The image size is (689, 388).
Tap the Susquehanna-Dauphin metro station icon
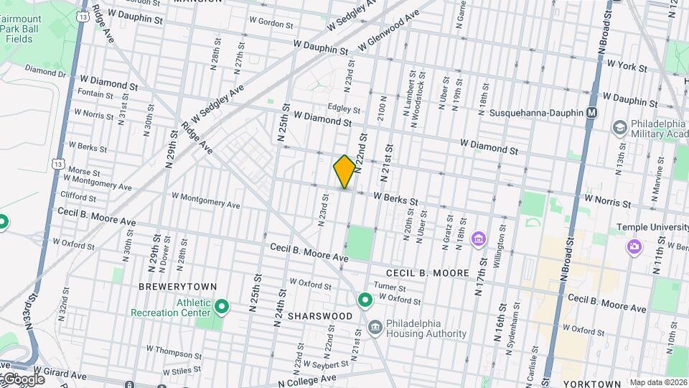[x=592, y=113]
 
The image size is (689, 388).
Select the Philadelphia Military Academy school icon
[x=619, y=127]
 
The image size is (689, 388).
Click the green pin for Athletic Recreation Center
[x=222, y=308]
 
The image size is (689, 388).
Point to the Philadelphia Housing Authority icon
[x=375, y=328]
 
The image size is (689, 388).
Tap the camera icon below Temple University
[x=634, y=247]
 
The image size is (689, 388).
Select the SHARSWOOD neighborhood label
[x=320, y=316]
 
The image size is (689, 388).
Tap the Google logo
[x=22, y=379]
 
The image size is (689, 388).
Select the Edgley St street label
[x=344, y=109]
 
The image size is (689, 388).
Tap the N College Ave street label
[x=307, y=379]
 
